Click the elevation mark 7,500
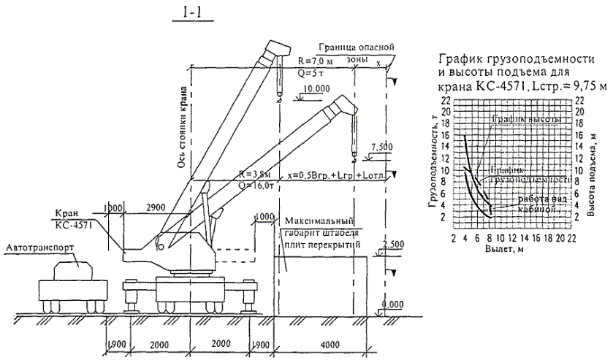(382, 146)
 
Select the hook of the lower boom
(354, 154)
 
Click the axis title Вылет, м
(494, 250)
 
